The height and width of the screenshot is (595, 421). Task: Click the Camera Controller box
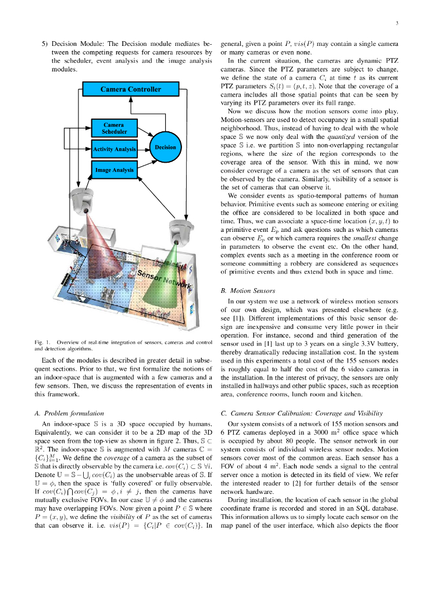pyautogui.click(x=130, y=89)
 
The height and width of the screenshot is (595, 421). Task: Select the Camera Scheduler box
pyautogui.click(x=114, y=128)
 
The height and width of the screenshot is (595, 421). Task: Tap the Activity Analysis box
pyautogui.click(x=114, y=149)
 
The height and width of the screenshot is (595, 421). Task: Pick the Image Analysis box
pyautogui.click(x=114, y=170)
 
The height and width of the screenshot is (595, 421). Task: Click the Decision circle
pyautogui.click(x=165, y=148)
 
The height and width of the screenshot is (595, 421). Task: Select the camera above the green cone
pyautogui.click(x=179, y=231)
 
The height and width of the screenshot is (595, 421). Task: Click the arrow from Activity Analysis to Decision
pyautogui.click(x=143, y=149)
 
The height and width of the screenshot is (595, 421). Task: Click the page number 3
pyautogui.click(x=396, y=24)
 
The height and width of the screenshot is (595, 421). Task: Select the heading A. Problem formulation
pyautogui.click(x=72, y=413)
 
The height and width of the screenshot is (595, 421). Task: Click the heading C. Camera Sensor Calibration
pyautogui.click(x=301, y=413)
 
